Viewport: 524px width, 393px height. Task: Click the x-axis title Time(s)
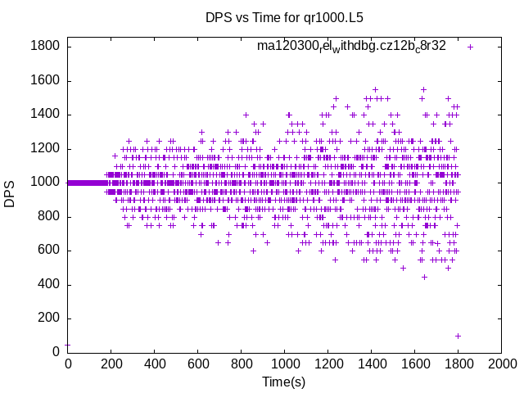pos(283,382)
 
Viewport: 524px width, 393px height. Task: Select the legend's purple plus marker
pos(470,47)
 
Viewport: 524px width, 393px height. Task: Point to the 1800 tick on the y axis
pos(46,46)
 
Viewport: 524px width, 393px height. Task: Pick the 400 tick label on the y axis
pos(49,285)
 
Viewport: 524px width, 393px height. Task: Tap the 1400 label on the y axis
pos(46,115)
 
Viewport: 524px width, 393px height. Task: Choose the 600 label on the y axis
pos(49,251)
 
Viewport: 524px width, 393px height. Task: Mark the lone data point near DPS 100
pos(458,336)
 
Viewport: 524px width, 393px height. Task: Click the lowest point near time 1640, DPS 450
pos(424,276)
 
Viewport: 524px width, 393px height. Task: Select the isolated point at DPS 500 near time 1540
pos(403,268)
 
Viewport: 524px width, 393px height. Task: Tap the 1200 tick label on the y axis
pos(46,148)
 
